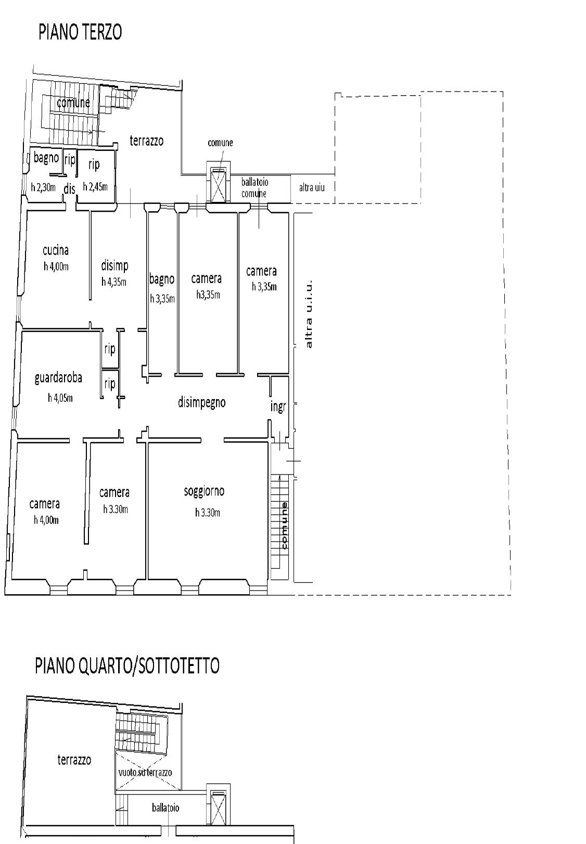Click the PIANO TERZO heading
tap(80, 32)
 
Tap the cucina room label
tap(56, 250)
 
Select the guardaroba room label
tap(58, 378)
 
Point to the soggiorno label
tap(204, 491)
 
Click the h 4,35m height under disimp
tap(114, 282)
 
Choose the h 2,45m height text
tap(95, 186)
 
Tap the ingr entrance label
tap(278, 406)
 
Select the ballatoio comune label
tap(254, 188)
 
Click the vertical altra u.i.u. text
tap(309, 315)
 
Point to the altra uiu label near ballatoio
tap(311, 187)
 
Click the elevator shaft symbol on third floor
tap(218, 185)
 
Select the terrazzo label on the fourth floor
tap(74, 760)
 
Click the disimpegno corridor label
tap(202, 402)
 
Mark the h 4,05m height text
tap(60, 398)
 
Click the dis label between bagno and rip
tap(70, 189)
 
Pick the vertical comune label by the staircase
tap(284, 525)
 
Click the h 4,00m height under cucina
tap(56, 266)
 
